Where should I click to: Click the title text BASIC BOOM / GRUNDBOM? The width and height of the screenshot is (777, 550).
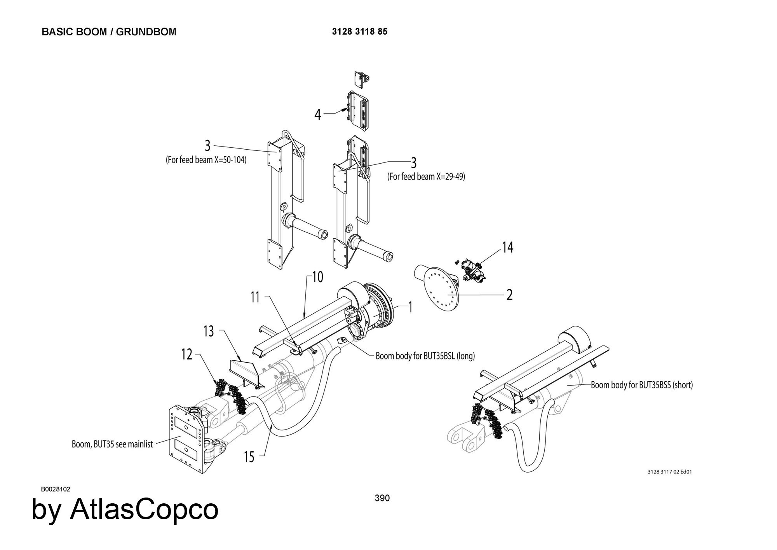pyautogui.click(x=109, y=32)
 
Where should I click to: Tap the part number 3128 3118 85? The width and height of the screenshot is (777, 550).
pyautogui.click(x=359, y=31)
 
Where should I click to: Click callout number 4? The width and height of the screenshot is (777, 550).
pyautogui.click(x=318, y=115)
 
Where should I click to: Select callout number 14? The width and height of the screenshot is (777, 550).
pyautogui.click(x=507, y=247)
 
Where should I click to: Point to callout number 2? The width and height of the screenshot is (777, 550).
pyautogui.click(x=509, y=295)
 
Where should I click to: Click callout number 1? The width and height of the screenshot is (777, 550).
pyautogui.click(x=410, y=307)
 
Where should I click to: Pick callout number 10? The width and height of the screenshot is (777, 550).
pyautogui.click(x=317, y=278)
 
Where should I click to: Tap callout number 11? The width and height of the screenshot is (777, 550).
pyautogui.click(x=255, y=297)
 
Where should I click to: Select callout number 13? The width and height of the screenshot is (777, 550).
pyautogui.click(x=209, y=331)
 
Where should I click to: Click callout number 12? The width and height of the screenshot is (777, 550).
pyautogui.click(x=187, y=354)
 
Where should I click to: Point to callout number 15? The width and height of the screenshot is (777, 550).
pyautogui.click(x=249, y=457)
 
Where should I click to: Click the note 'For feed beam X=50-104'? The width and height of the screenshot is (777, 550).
pyautogui.click(x=206, y=160)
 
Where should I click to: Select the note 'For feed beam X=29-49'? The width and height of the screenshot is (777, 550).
pyautogui.click(x=426, y=176)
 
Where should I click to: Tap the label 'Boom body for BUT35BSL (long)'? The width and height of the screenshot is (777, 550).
pyautogui.click(x=425, y=356)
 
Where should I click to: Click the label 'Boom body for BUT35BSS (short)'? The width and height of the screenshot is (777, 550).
pyautogui.click(x=642, y=385)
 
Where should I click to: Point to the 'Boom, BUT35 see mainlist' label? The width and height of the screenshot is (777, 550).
pyautogui.click(x=112, y=444)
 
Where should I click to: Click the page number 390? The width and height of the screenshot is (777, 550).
pyautogui.click(x=382, y=498)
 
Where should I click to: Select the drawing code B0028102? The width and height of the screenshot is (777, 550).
pyautogui.click(x=56, y=489)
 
